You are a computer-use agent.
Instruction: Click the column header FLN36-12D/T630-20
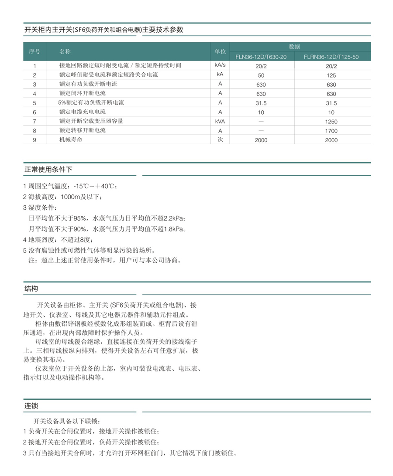pyautogui.click(x=261, y=57)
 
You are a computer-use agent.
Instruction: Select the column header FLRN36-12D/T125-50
pyautogui.click(x=331, y=57)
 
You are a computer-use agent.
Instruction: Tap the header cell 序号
pyautogui.click(x=34, y=51)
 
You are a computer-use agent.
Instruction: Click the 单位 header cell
pyautogui.click(x=220, y=51)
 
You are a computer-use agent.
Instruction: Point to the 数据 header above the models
pyautogui.click(x=294, y=47)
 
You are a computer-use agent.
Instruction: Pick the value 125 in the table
pyautogui.click(x=331, y=75)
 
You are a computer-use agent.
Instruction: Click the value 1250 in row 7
pyautogui.click(x=331, y=122)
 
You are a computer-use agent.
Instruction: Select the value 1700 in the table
pyautogui.click(x=331, y=131)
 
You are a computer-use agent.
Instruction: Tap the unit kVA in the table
pyautogui.click(x=220, y=121)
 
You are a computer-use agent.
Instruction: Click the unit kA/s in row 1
pyautogui.click(x=220, y=65)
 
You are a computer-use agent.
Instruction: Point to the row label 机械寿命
pyautogui.click(x=71, y=140)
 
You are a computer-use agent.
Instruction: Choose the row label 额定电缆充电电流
pyautogui.click(x=82, y=112)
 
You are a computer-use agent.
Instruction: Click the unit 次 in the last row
pyautogui.click(x=220, y=139)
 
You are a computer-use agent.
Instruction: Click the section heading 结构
pyautogui.click(x=31, y=289)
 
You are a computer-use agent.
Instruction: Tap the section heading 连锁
pyautogui.click(x=31, y=406)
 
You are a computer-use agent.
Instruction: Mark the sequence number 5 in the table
pyautogui.click(x=34, y=103)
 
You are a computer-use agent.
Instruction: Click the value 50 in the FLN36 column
pyautogui.click(x=261, y=75)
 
